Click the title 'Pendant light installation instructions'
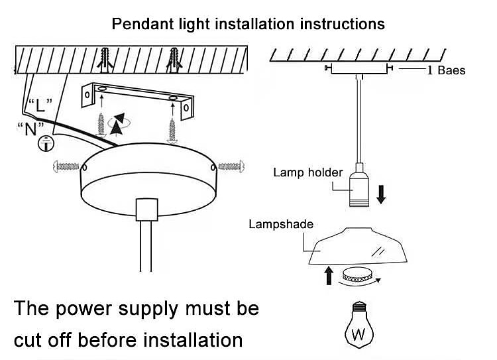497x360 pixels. [248, 25]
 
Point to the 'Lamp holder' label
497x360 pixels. [307, 173]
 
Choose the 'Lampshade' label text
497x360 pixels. [280, 224]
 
